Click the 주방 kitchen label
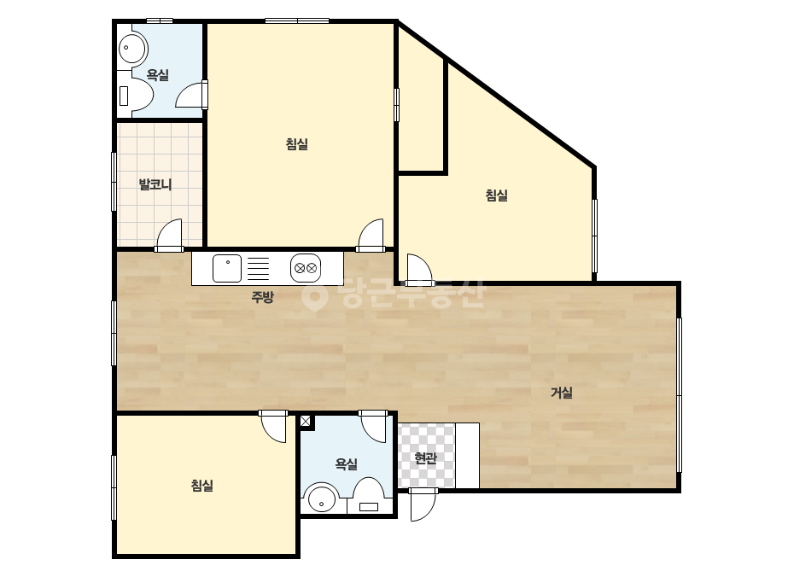262,297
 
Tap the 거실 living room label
562,393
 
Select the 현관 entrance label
426,458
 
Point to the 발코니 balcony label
155,184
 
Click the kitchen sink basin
226,268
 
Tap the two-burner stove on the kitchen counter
306,268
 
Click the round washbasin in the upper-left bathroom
132,49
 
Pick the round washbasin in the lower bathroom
322,498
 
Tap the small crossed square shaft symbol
306,421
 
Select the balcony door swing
169,235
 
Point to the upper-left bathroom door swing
191,95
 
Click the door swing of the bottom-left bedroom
273,427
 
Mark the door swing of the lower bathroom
373,427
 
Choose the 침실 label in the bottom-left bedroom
202,485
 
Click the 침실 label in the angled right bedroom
497,195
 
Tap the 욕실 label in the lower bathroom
347,463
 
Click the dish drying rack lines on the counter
259,268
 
